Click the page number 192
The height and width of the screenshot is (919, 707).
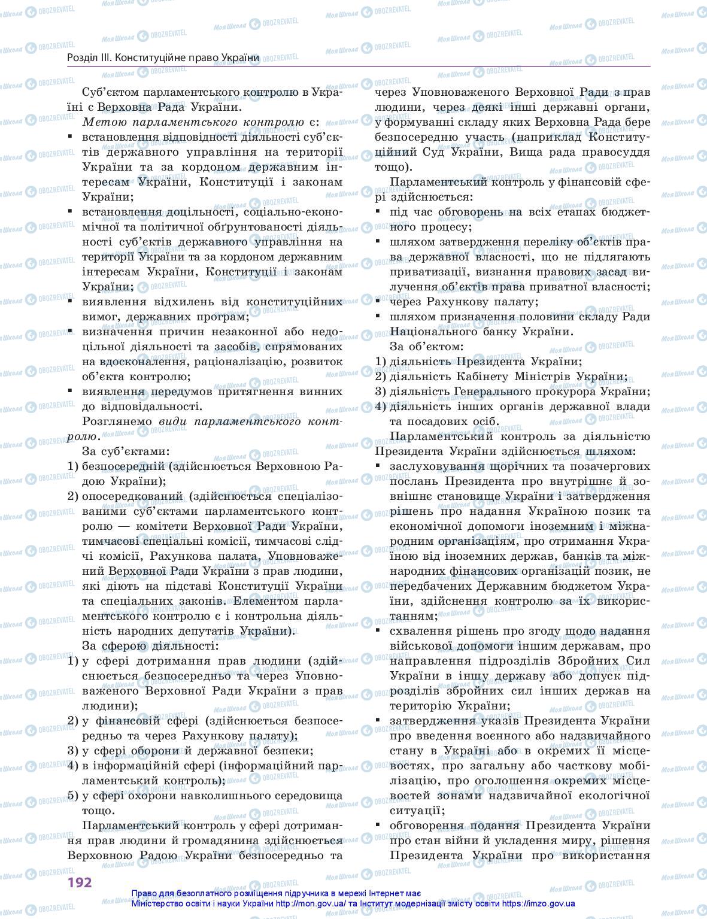pyautogui.click(x=79, y=882)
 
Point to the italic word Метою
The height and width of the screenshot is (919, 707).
pyautogui.click(x=102, y=122)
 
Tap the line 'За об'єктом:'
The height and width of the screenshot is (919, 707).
pyautogui.click(x=426, y=347)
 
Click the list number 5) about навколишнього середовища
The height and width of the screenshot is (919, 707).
pyautogui.click(x=73, y=796)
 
